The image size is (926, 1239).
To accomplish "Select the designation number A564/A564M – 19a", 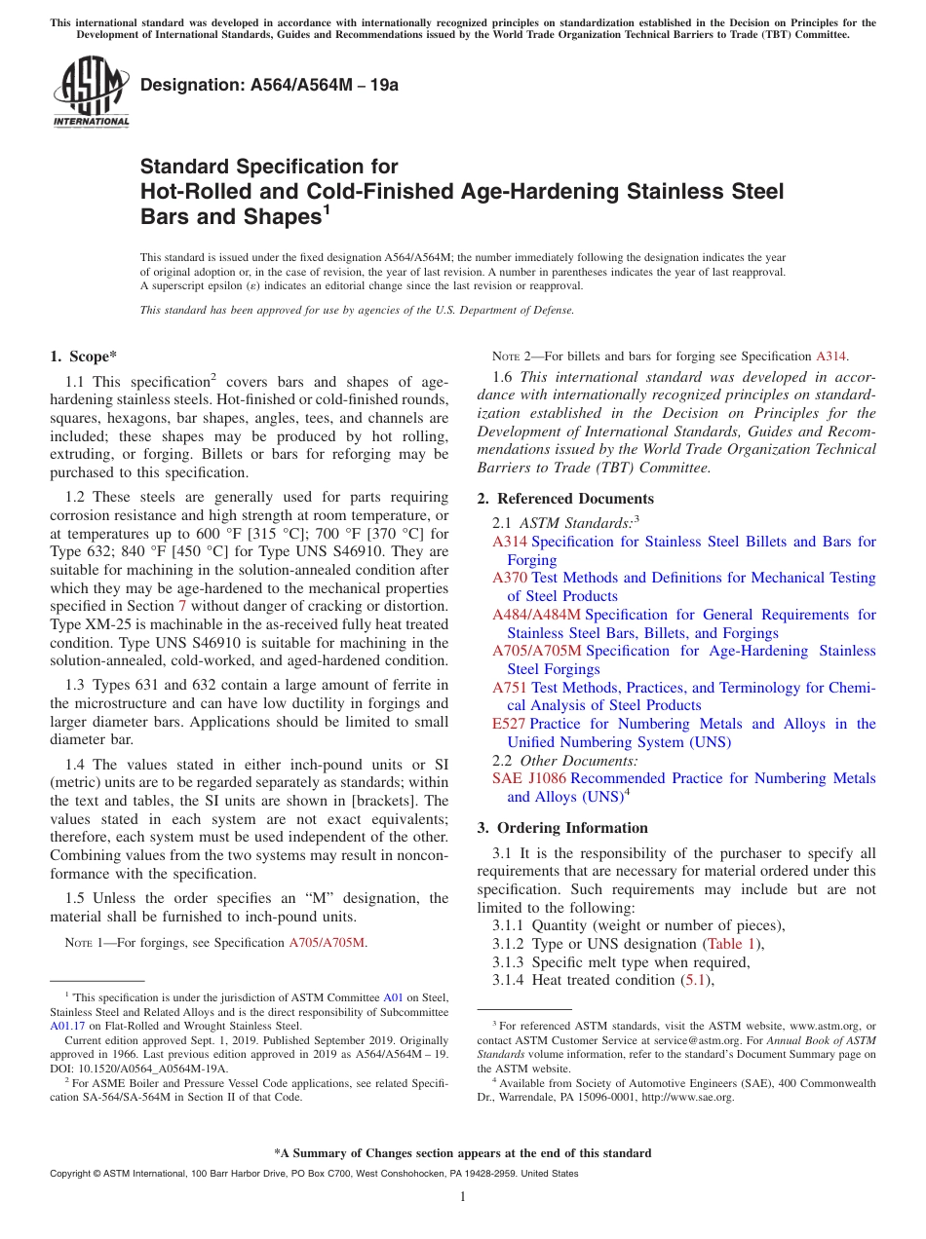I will (269, 86).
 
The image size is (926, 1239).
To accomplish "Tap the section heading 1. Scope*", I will (84, 357).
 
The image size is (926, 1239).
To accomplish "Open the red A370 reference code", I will (510, 578).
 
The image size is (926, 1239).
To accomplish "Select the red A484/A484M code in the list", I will (536, 615).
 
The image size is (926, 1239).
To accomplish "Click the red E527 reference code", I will (509, 724).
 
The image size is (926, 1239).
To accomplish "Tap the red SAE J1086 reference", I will (528, 778).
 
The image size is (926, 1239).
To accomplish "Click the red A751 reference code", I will (510, 688).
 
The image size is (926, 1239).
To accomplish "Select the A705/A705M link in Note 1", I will (328, 942).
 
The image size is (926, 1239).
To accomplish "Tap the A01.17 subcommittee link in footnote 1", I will (67, 1025).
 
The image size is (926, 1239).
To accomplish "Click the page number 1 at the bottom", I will (463, 1197).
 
